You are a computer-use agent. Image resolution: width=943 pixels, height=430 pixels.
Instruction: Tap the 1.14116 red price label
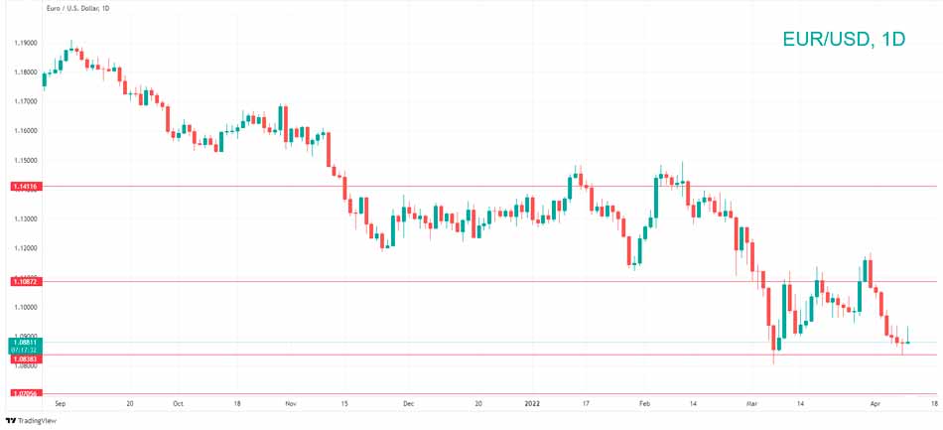(25, 186)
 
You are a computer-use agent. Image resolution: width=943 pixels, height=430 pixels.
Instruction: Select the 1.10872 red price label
(25, 282)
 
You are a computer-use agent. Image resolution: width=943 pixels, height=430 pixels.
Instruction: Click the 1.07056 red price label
(25, 393)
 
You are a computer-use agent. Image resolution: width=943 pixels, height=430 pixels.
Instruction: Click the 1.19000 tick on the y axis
(26, 44)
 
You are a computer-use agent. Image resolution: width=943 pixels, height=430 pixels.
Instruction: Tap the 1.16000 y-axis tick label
(26, 131)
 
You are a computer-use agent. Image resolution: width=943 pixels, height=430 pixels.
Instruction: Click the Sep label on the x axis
(60, 405)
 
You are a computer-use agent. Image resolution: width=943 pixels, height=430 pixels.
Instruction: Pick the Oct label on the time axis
(178, 405)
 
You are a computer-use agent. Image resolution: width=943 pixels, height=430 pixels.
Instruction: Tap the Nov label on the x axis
(291, 405)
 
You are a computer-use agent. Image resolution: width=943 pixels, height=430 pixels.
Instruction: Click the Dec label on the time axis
(407, 405)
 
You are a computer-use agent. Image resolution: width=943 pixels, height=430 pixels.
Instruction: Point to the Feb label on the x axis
(644, 405)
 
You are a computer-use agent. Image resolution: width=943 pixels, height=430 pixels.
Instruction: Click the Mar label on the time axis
(752, 405)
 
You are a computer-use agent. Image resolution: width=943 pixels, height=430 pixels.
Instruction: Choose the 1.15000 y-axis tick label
(26, 160)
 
